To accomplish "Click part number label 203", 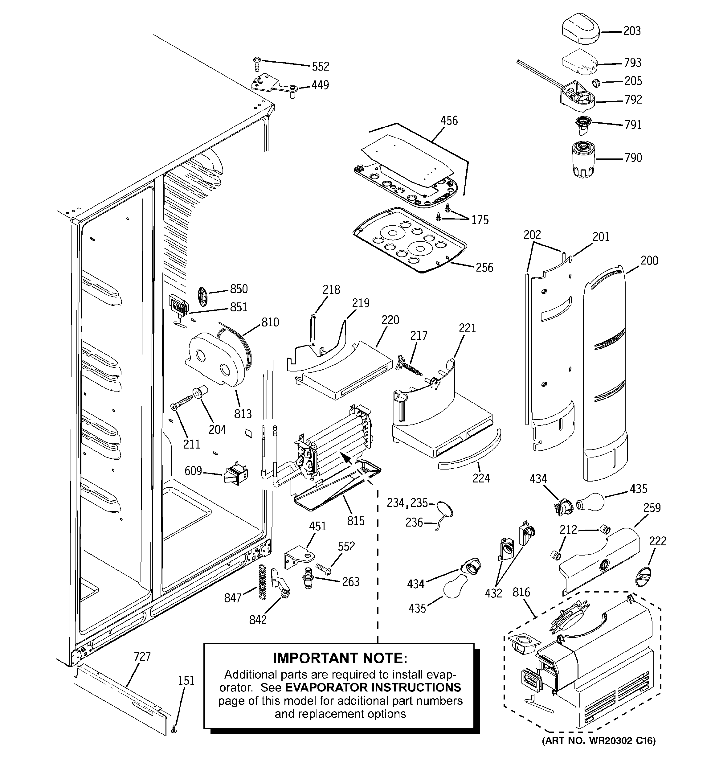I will [x=632, y=31].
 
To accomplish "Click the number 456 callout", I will [x=449, y=121].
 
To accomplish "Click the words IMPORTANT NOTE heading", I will [x=340, y=658].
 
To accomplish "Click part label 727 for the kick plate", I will [x=142, y=657].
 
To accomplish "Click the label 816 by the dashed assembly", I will [x=521, y=592].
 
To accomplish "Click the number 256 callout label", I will [x=484, y=268].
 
